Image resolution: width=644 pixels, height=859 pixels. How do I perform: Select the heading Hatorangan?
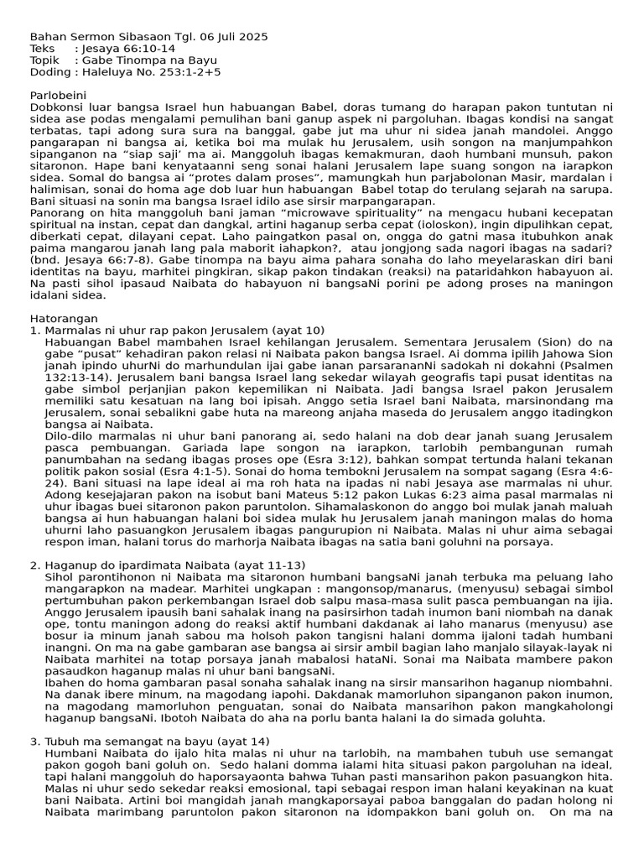[x=64, y=319]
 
